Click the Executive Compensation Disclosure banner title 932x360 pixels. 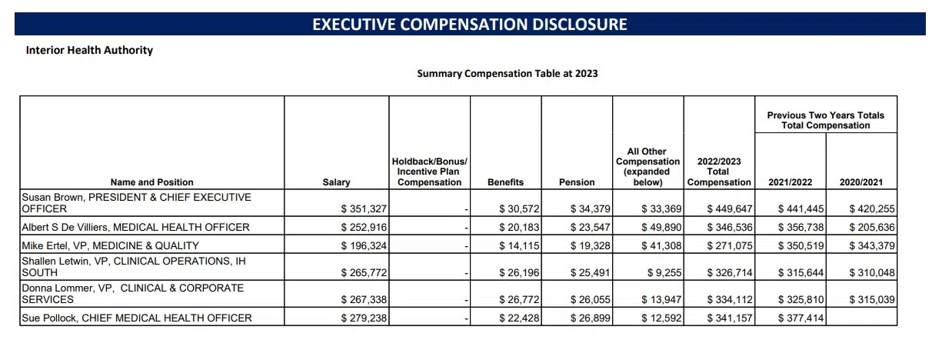(x=469, y=24)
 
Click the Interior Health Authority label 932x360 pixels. (x=89, y=50)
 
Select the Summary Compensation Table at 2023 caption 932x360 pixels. (x=507, y=74)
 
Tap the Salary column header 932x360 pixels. (x=336, y=182)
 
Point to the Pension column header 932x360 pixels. (x=577, y=182)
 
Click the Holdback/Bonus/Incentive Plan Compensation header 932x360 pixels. (x=429, y=172)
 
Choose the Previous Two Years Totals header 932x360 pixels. (x=825, y=120)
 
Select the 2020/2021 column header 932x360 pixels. (x=861, y=182)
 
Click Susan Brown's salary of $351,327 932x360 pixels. (x=364, y=208)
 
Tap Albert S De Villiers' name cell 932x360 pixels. (x=135, y=227)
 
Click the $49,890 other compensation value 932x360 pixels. (x=659, y=227)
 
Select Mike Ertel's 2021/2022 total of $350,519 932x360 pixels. (x=801, y=245)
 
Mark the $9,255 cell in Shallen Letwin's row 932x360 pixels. (x=664, y=272)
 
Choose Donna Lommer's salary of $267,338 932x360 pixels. (x=364, y=298)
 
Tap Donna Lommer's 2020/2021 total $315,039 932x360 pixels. (x=872, y=298)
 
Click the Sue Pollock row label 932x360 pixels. (x=137, y=318)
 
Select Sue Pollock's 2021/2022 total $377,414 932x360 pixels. (x=801, y=318)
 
